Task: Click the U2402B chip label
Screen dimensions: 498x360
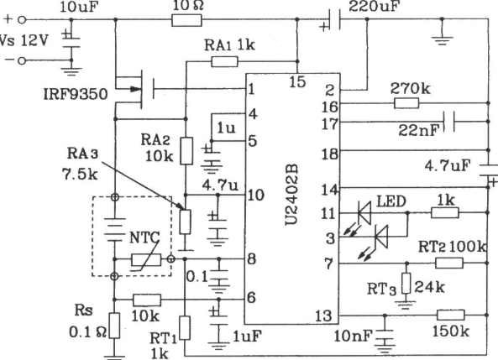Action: click(x=291, y=195)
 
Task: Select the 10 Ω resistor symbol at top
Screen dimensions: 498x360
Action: click(x=186, y=20)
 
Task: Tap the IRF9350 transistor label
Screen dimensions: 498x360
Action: click(x=76, y=94)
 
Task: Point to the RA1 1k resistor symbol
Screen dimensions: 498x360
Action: click(x=224, y=61)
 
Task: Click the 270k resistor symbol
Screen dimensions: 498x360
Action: click(x=406, y=103)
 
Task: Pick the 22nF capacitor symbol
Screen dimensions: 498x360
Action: click(x=449, y=122)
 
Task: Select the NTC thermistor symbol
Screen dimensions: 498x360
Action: click(x=146, y=259)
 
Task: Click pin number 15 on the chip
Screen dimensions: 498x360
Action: click(x=297, y=82)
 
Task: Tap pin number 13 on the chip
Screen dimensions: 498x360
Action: click(x=323, y=316)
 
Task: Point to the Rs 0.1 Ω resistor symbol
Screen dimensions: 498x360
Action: click(x=115, y=326)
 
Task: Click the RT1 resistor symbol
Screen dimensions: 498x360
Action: click(x=185, y=328)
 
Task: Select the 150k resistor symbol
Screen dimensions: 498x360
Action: click(x=451, y=316)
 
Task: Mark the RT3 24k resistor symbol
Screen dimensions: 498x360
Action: click(x=406, y=284)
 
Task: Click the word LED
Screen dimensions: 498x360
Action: click(x=391, y=201)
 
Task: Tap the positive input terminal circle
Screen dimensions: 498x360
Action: click(x=21, y=20)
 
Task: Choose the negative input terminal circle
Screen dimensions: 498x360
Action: click(x=21, y=60)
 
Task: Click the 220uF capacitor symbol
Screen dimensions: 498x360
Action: click(x=334, y=20)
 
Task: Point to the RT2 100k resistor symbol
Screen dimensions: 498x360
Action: click(x=449, y=263)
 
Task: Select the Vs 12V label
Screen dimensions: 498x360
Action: click(x=24, y=40)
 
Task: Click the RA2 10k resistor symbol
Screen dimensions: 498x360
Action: click(x=186, y=151)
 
